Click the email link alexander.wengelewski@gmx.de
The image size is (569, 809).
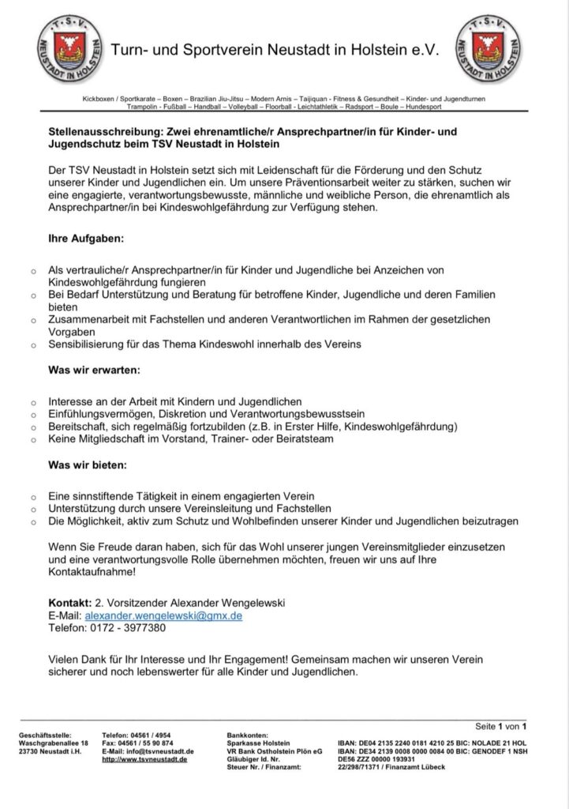(163, 615)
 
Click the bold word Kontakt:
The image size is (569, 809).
(69, 603)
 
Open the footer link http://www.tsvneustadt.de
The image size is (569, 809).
(144, 759)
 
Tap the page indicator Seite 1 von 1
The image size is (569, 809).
(501, 726)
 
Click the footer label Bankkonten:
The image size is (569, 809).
(248, 736)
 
